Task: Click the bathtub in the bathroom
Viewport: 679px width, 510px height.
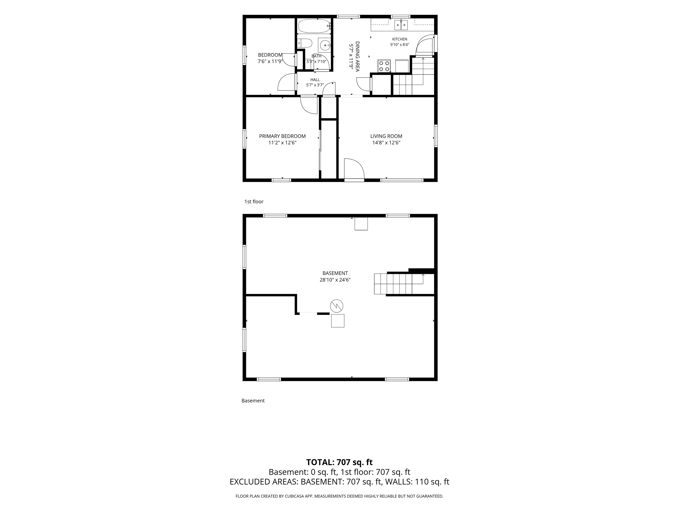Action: pyautogui.click(x=314, y=26)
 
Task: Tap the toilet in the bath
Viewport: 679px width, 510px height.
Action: pyautogui.click(x=305, y=43)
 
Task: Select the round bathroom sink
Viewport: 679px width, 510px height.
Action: pyautogui.click(x=324, y=45)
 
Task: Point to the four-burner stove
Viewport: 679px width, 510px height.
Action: pyautogui.click(x=384, y=66)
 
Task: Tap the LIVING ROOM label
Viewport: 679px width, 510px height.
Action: pyautogui.click(x=386, y=136)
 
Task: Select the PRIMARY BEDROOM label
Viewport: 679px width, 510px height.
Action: pyautogui.click(x=282, y=136)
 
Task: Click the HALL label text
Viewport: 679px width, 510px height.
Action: pyautogui.click(x=315, y=80)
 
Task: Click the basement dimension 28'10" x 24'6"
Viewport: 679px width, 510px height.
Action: pyautogui.click(x=335, y=280)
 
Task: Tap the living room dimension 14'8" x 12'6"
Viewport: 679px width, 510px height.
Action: pyautogui.click(x=386, y=143)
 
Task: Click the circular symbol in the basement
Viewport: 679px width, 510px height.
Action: pyautogui.click(x=336, y=306)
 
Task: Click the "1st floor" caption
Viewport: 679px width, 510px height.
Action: pyautogui.click(x=254, y=202)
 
